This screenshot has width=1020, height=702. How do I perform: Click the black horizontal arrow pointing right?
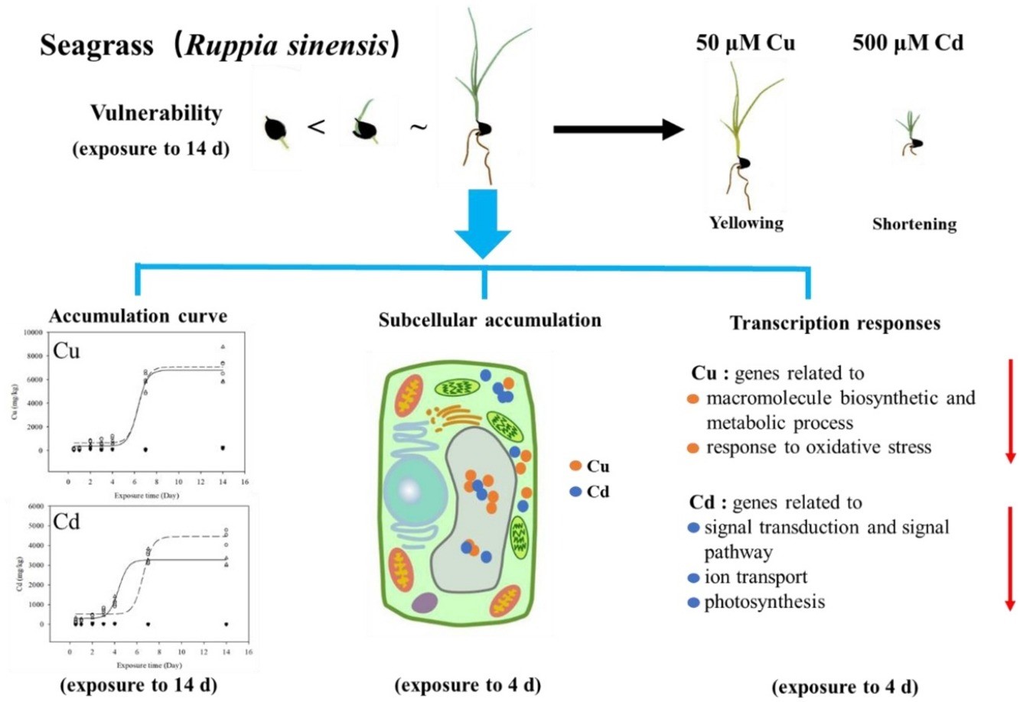(x=617, y=129)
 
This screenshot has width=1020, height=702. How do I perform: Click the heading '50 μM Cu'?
(x=745, y=43)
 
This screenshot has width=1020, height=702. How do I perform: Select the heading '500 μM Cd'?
(x=908, y=43)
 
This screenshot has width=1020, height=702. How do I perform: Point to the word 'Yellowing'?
(x=746, y=223)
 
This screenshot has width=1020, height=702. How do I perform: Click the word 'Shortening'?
(x=914, y=225)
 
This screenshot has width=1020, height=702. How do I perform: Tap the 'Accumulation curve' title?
(x=138, y=317)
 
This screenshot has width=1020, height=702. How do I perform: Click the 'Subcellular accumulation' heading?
(x=490, y=320)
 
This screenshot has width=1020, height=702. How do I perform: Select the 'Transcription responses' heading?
(x=835, y=323)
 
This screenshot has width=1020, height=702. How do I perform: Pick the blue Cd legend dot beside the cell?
(x=575, y=492)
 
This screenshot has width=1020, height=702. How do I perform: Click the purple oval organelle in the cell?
(x=423, y=603)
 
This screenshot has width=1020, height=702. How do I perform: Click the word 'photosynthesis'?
(x=764, y=602)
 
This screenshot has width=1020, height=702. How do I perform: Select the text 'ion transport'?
(x=755, y=577)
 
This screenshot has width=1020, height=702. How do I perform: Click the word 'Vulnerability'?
(x=156, y=113)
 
